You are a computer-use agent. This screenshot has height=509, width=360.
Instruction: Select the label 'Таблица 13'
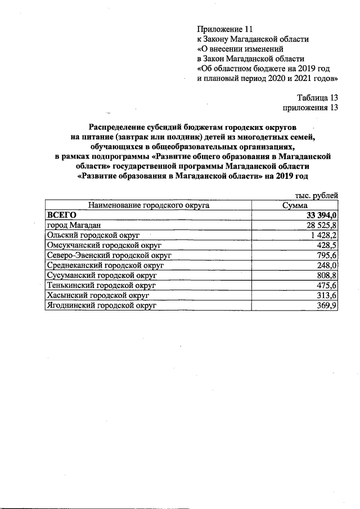point(317,98)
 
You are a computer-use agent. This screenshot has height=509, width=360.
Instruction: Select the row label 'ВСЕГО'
point(61,215)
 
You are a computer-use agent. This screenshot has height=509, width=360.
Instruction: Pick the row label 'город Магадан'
point(73,225)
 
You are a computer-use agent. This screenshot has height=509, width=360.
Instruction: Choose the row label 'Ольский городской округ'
point(92,235)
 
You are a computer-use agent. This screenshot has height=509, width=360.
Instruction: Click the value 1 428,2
point(323,235)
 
